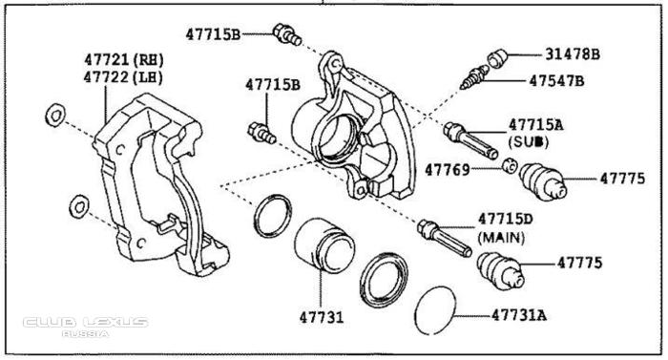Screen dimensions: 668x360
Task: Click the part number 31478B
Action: point(573,54)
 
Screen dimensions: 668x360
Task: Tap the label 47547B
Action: point(556,80)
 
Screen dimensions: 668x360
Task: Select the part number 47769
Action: point(448,170)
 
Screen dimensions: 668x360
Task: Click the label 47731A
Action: point(519,315)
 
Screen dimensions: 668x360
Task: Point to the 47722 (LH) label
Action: point(123,77)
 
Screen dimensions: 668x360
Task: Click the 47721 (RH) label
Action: point(124,60)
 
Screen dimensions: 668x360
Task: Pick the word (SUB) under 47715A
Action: point(529,141)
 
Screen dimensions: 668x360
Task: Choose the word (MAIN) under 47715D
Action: point(501,237)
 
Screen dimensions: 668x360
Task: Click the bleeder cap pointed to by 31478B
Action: point(497,58)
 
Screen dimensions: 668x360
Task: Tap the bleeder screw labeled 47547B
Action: point(474,77)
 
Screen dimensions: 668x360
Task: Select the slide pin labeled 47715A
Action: point(470,140)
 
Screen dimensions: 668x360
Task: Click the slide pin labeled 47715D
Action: point(445,238)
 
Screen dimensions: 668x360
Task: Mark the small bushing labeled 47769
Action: point(509,165)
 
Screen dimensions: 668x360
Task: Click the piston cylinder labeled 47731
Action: point(324,244)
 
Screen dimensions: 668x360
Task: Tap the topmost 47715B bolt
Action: point(287,34)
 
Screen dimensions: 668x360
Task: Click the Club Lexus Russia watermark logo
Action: point(86,327)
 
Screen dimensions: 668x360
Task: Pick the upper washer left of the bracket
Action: point(55,115)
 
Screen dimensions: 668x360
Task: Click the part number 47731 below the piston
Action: point(322,317)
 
